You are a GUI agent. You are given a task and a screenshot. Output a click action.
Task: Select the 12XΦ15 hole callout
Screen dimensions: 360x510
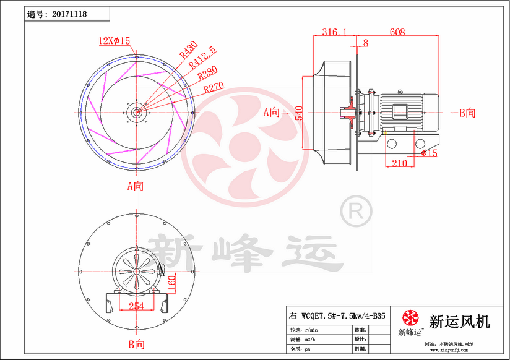coord(115,41)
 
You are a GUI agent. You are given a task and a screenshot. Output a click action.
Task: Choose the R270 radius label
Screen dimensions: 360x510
coord(214,88)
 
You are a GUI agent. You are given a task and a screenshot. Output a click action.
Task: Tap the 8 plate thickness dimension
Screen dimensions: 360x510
coord(365,43)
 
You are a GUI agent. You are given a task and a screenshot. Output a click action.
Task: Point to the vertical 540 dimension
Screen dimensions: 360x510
coord(298,113)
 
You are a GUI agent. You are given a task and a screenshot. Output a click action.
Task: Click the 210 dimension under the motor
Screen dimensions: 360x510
coord(400,163)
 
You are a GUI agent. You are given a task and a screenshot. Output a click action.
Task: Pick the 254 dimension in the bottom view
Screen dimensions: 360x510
coord(137,306)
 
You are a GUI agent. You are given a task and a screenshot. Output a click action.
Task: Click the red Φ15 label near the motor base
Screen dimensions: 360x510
coord(428,153)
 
